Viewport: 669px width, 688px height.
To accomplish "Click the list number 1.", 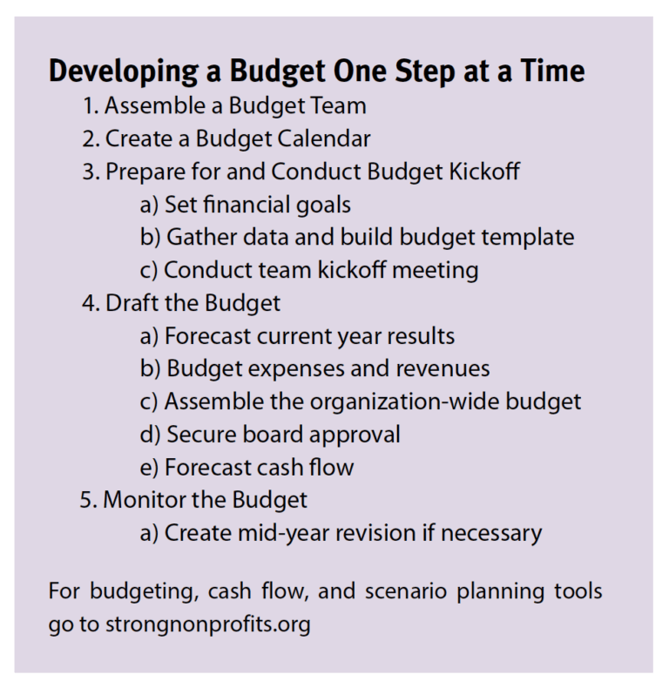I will click(91, 106).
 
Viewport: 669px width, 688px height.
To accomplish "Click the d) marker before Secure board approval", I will click(148, 434).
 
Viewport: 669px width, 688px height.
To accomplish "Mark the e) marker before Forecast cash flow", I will click(148, 467).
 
